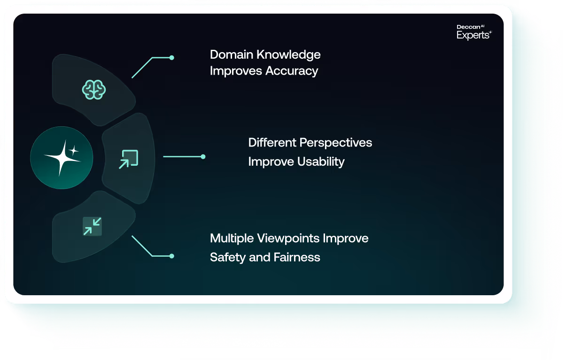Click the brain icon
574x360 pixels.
click(x=94, y=90)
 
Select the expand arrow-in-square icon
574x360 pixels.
click(x=128, y=159)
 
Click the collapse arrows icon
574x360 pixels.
click(x=92, y=226)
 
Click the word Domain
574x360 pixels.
click(x=232, y=54)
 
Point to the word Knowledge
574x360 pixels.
click(x=288, y=55)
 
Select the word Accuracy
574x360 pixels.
click(x=292, y=71)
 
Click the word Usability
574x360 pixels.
click(x=321, y=161)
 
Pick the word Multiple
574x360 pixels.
click(x=232, y=238)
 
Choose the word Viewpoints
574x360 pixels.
click(x=288, y=238)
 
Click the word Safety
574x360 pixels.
click(x=228, y=257)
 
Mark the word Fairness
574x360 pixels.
click(x=297, y=257)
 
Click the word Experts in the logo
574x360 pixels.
click(x=473, y=35)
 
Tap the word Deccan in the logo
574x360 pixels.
click(x=468, y=27)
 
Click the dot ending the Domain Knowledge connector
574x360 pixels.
click(x=172, y=58)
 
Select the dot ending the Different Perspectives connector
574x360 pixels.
click(x=203, y=156)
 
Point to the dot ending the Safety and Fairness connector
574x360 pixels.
click(x=172, y=256)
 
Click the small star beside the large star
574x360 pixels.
click(x=74, y=151)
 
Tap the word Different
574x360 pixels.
click(x=272, y=142)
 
